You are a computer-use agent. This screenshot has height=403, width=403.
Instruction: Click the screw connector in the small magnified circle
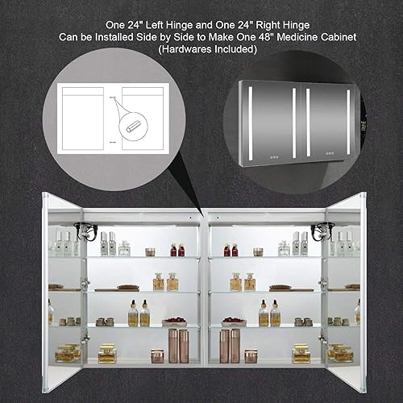click(x=133, y=127)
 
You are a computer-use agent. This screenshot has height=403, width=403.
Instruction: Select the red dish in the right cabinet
click(x=233, y=322)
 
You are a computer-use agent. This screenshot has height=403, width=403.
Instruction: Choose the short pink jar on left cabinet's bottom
click(x=157, y=355)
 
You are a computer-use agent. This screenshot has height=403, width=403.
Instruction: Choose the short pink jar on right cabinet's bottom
click(x=251, y=355)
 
